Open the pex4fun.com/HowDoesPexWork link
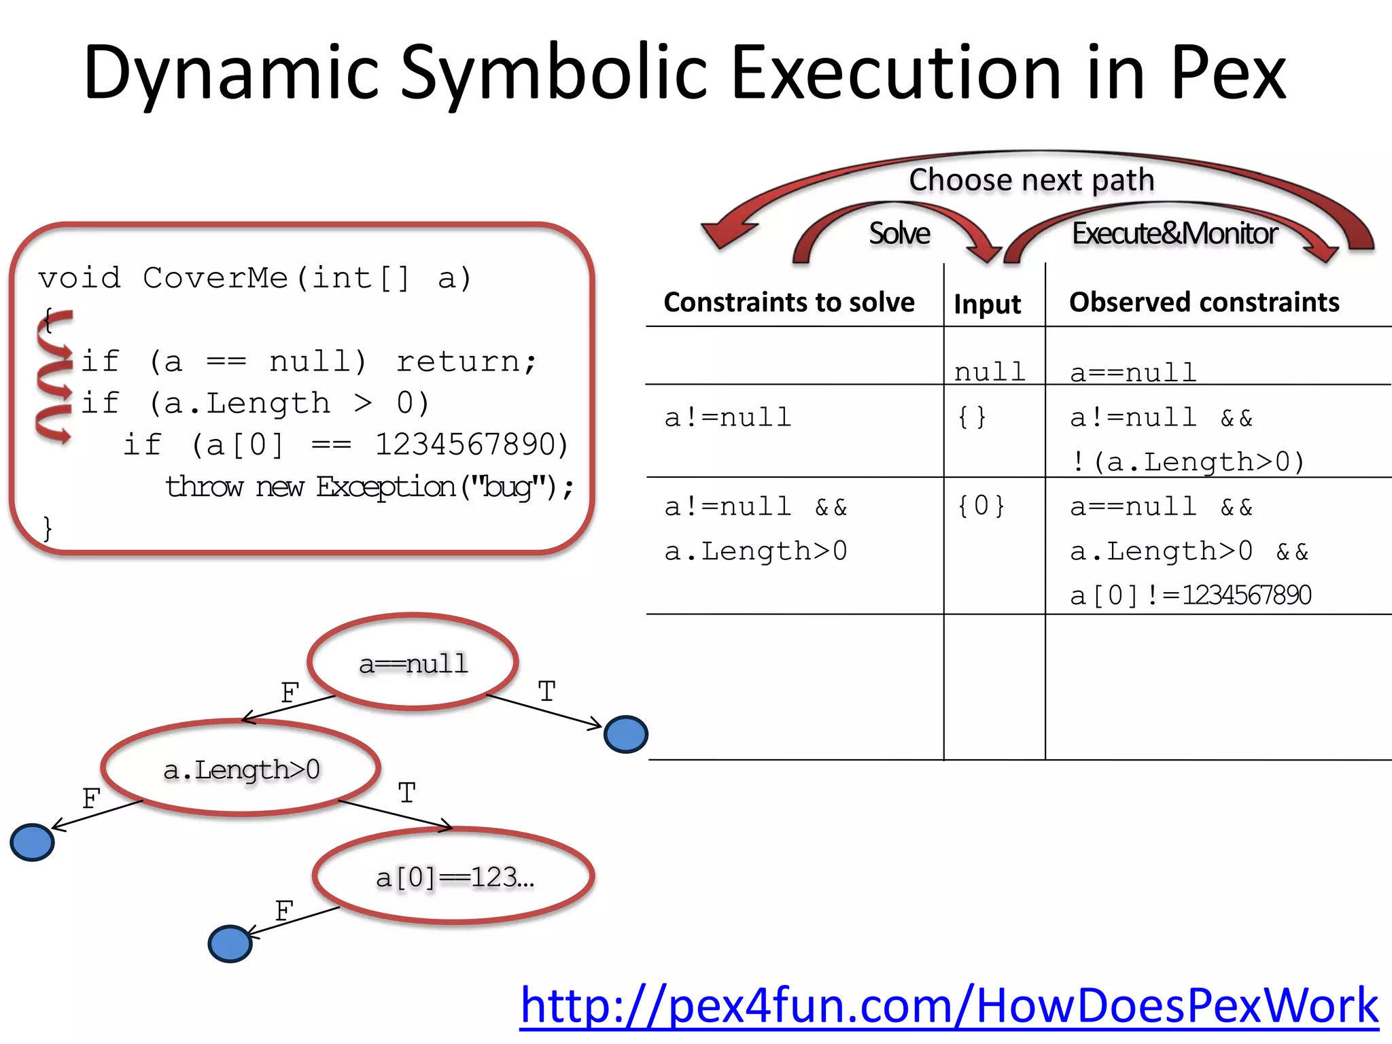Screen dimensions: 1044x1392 point(949,1005)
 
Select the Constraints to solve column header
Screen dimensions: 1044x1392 point(788,302)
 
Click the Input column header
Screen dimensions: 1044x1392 point(987,304)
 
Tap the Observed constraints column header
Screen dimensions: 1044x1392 point(1204,302)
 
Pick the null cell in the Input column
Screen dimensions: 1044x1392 point(989,372)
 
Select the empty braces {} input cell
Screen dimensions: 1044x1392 point(971,417)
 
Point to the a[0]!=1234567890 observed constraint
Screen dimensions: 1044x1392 point(1190,595)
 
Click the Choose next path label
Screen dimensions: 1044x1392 point(1031,180)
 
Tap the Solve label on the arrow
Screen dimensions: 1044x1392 point(899,233)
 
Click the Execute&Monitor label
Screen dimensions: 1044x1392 point(1174,233)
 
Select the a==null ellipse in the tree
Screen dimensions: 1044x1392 point(413,663)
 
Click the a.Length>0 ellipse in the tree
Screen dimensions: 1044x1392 point(241,769)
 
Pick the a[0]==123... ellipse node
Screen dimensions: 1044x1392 point(454,877)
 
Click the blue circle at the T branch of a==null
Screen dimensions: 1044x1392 point(625,735)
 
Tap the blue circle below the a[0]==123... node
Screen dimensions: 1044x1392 point(230,944)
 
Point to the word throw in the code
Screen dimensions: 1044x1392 point(204,487)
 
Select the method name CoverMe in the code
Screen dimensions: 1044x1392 point(215,279)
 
